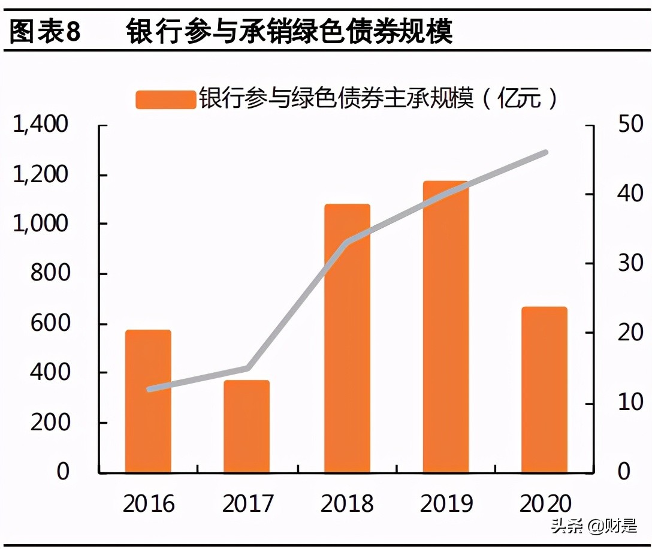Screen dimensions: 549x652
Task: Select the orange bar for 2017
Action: point(247,426)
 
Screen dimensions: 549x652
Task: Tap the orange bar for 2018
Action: point(347,338)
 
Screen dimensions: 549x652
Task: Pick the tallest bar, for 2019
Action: point(445,327)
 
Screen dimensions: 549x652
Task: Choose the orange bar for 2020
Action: point(544,390)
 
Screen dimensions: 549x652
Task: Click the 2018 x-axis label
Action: point(347,503)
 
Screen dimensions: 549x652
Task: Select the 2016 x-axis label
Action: point(149,503)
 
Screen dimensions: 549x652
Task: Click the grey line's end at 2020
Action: point(545,153)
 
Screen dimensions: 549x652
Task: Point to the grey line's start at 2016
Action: point(149,389)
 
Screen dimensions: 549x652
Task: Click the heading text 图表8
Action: point(46,31)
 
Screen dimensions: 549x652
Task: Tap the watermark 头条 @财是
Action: point(593,527)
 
